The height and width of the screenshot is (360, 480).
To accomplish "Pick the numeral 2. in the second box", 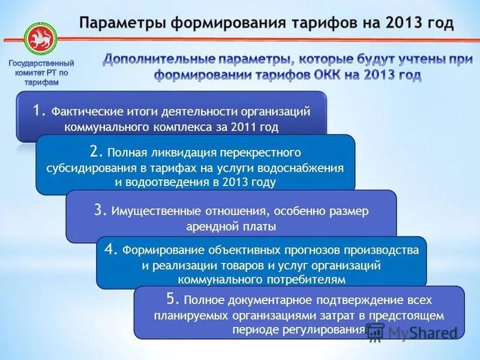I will [97, 151].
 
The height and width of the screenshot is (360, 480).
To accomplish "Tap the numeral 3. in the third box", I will [100, 210].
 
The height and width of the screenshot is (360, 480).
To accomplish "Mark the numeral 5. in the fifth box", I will [173, 299].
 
